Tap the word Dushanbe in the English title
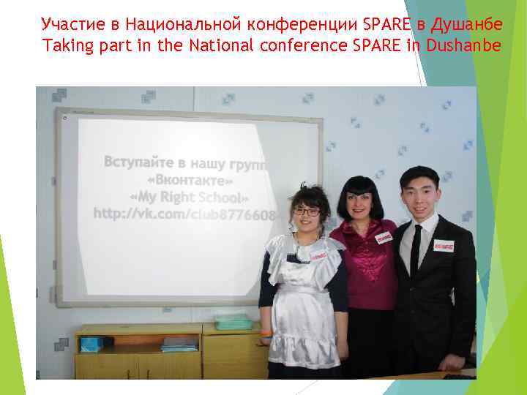[460, 46]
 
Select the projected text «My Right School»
[190, 197]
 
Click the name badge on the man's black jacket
[444, 247]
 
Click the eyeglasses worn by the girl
[306, 212]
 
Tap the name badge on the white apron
[318, 255]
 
